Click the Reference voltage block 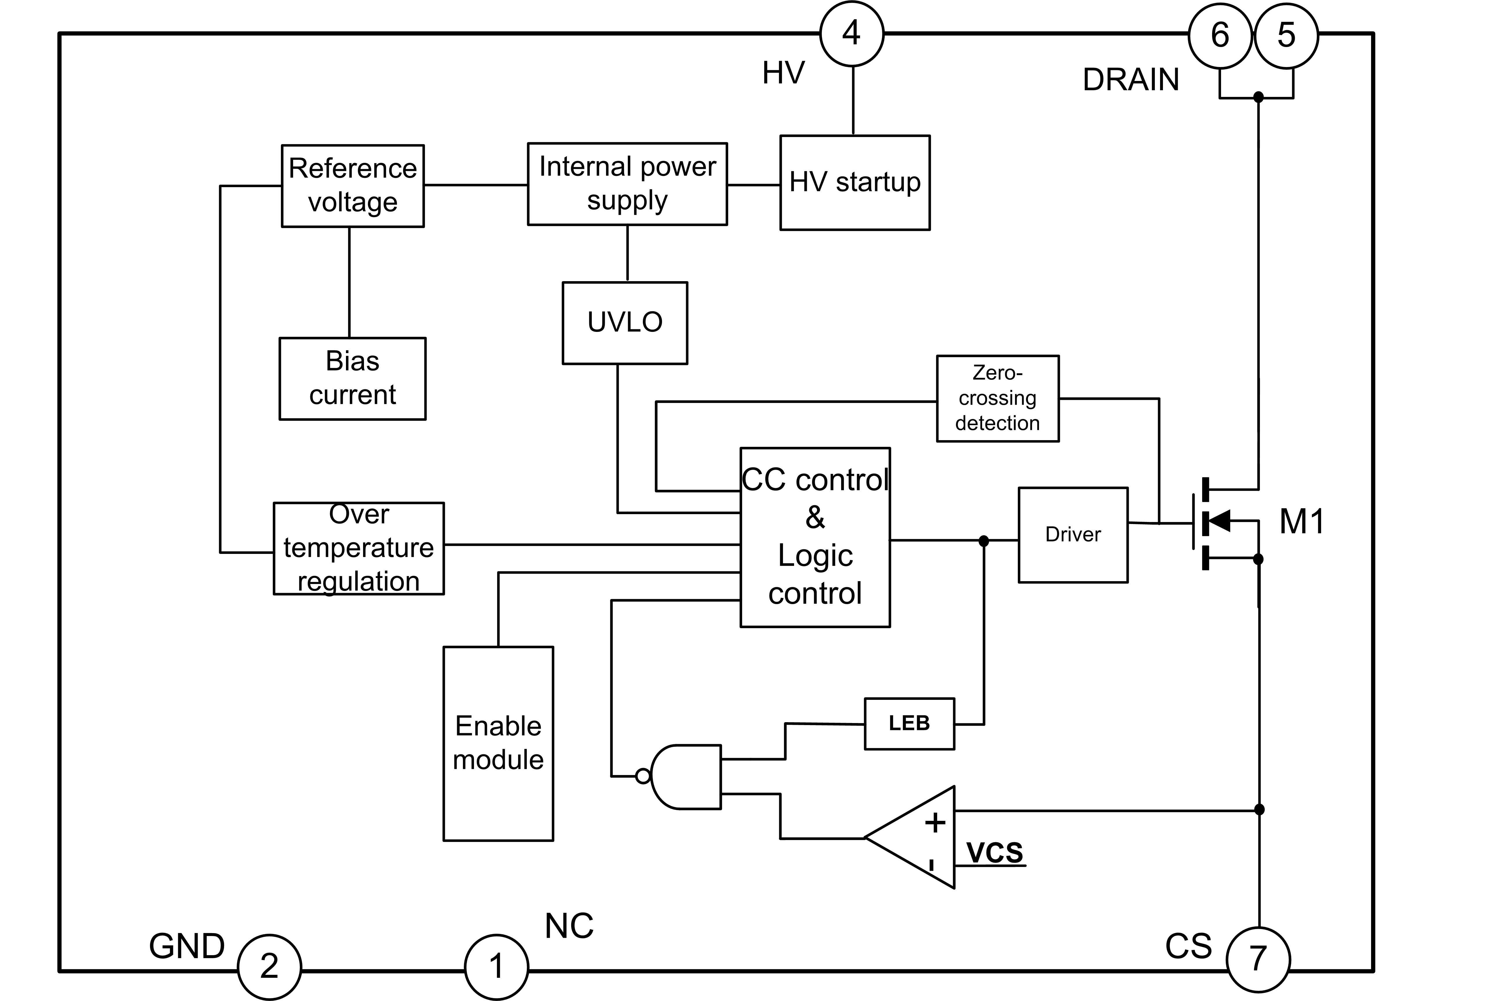click(x=353, y=186)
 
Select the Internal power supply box click(x=627, y=184)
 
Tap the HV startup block click(x=854, y=183)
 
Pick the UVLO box click(x=625, y=322)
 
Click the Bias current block click(x=353, y=379)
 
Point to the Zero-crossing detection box click(x=998, y=398)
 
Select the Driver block click(x=1073, y=535)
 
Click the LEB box click(x=909, y=723)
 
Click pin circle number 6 click(x=1220, y=35)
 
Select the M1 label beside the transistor click(x=1301, y=522)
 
